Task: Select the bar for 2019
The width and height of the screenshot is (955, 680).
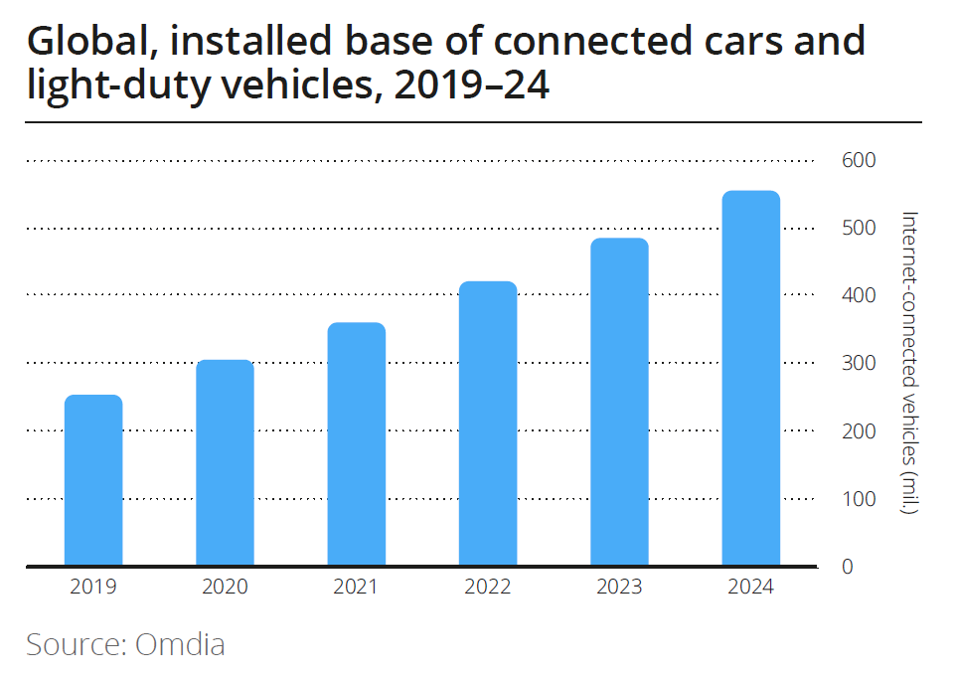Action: coord(93,480)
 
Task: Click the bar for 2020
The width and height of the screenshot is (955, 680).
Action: coord(225,462)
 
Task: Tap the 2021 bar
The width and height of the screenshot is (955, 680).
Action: coord(356,444)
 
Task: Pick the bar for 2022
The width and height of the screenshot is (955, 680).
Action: coord(488,424)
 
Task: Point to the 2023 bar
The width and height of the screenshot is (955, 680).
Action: coord(619,402)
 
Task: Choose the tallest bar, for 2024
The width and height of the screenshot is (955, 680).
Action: coord(750,378)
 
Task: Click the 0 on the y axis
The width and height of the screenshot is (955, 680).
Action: coord(848,567)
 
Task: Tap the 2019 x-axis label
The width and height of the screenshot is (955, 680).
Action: coord(93,587)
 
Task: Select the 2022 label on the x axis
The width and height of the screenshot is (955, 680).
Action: coord(488,587)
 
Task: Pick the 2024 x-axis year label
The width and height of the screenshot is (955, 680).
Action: coord(750,587)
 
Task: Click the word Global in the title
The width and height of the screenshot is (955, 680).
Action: coord(82,43)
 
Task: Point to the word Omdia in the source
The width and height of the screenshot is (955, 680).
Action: coord(180,644)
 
